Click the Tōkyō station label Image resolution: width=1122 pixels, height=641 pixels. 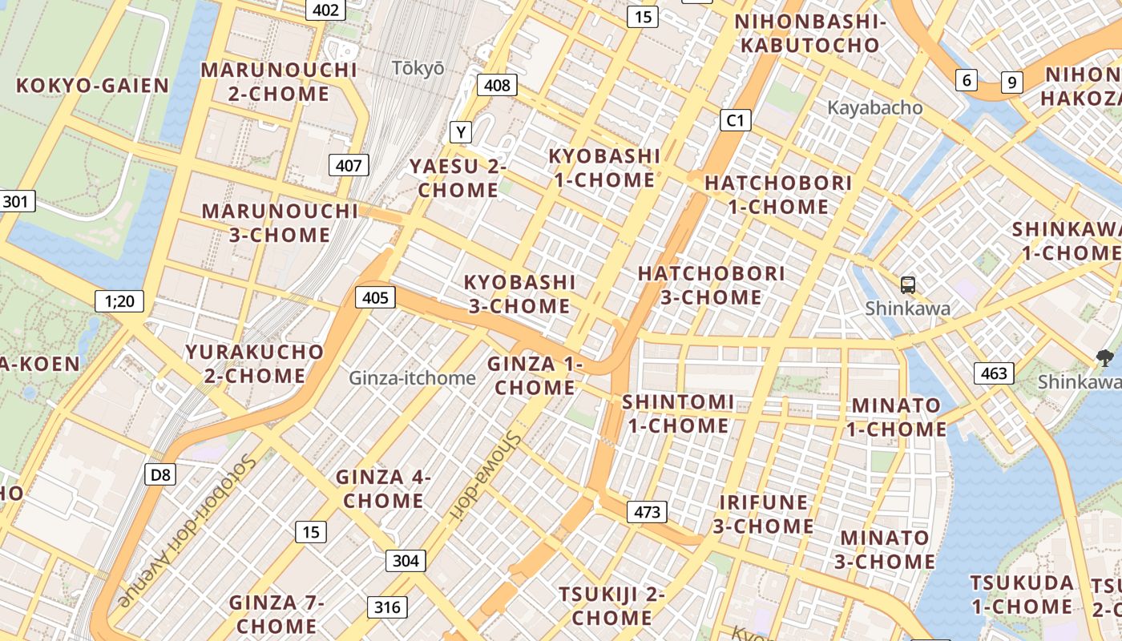click(x=418, y=68)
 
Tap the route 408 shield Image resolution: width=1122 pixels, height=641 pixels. click(x=497, y=85)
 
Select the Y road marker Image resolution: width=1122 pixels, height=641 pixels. click(x=461, y=131)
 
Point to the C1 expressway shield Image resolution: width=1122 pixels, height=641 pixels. click(x=735, y=121)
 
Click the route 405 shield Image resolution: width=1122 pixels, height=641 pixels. click(x=375, y=298)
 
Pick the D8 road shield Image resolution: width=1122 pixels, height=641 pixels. click(x=160, y=474)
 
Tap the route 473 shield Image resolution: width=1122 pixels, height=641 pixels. click(x=647, y=512)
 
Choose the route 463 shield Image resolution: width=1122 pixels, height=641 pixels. click(x=994, y=373)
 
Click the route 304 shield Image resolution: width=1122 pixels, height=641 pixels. click(x=406, y=560)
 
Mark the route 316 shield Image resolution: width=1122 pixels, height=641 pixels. click(x=387, y=607)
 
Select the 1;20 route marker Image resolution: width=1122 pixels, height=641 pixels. click(x=119, y=301)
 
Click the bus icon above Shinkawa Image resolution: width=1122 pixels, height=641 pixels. click(x=908, y=284)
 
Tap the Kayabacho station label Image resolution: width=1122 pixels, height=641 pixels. click(x=874, y=107)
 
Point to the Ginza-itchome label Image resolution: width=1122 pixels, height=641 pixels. click(x=412, y=377)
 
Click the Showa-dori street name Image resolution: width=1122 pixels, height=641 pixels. click(x=486, y=472)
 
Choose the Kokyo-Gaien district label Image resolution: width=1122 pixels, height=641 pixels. click(x=93, y=86)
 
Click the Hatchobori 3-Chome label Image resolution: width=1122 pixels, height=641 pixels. click(x=711, y=285)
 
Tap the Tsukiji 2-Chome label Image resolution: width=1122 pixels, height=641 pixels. click(x=611, y=607)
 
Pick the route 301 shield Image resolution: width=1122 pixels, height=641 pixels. click(x=18, y=200)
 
